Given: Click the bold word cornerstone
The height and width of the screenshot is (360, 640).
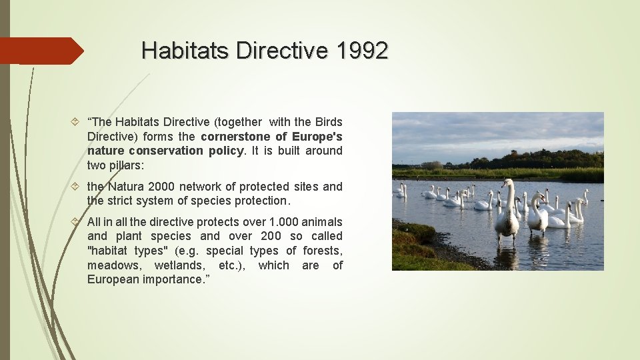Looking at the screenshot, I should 233,136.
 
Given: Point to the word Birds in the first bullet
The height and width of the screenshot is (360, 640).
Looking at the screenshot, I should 328,122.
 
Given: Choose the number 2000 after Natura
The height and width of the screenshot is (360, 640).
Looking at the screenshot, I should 163,187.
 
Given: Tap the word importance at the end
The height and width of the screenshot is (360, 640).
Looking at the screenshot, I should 171,279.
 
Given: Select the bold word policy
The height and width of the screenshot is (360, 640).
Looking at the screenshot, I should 227,151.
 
